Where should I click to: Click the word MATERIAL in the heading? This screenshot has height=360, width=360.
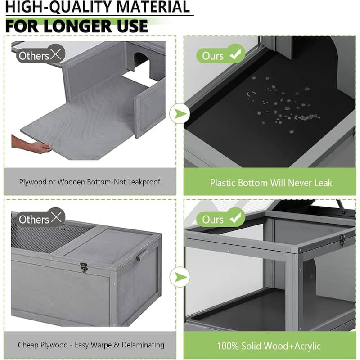coord(153,7)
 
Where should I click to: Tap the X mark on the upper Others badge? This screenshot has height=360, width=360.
coord(56,54)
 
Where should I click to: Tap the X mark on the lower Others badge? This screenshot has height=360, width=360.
coord(56,217)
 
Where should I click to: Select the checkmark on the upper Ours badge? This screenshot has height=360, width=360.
coord(235,54)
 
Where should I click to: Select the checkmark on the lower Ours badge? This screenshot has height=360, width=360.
coord(235,217)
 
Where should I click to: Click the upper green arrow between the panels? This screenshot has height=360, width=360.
coord(180,114)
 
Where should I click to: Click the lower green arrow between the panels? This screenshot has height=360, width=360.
coord(180,277)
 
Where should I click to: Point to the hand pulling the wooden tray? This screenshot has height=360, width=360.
coord(32,144)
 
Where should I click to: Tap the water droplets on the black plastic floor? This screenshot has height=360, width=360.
coord(283,103)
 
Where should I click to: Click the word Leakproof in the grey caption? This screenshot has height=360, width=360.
coord(144,182)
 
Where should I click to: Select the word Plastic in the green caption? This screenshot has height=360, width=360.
coord(222,183)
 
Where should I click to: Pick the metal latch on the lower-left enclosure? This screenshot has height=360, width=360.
coord(84,267)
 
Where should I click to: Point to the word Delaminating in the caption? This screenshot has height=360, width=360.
coord(143,345)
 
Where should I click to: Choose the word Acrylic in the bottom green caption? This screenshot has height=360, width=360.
coord(307,346)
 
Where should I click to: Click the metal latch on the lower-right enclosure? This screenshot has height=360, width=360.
coord(342,240)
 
